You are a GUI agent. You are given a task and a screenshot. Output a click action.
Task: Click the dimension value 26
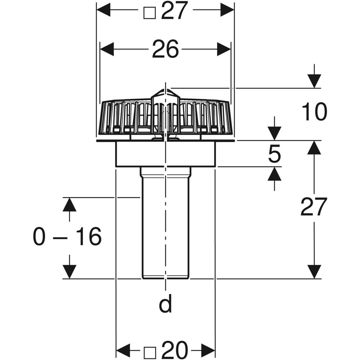click(x=165, y=49)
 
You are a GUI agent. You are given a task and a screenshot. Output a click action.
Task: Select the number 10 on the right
click(x=313, y=112)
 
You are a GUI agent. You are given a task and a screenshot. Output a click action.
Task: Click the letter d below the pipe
click(x=165, y=304)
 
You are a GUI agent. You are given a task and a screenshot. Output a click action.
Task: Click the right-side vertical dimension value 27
click(x=313, y=207)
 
